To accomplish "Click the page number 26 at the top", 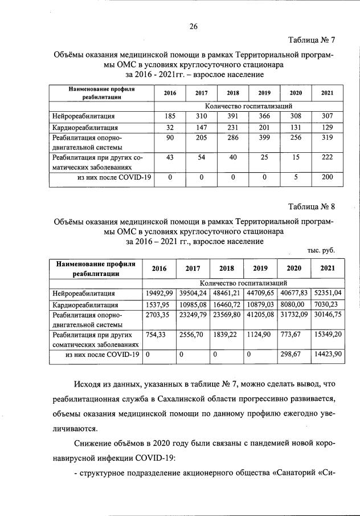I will [193, 25].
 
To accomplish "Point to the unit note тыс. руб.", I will [321, 250].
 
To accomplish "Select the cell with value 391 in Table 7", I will [232, 116].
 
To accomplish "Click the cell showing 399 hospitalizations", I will [264, 137].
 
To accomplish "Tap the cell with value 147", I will [201, 127].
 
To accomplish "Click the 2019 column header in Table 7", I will [264, 94].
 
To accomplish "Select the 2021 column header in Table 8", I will [328, 268].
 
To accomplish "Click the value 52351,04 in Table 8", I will [328, 293].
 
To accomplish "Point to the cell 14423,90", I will [328, 355].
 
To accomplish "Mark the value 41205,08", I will [260, 314].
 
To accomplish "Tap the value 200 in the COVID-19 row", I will [327, 178].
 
